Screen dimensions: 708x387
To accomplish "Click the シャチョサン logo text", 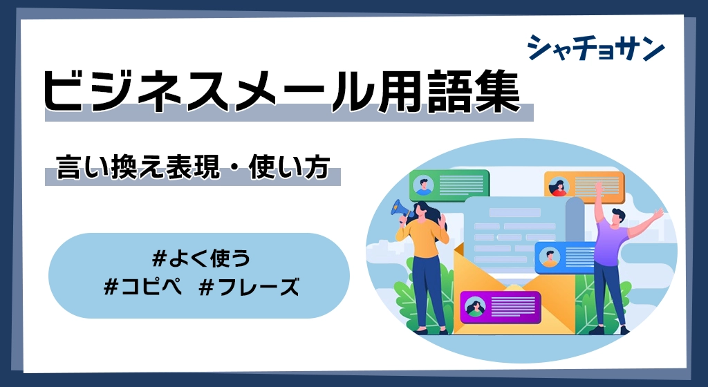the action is click(596, 48).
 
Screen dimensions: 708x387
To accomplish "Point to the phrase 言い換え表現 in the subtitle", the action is click(138, 167).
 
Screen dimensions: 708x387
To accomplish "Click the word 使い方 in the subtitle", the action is click(288, 167).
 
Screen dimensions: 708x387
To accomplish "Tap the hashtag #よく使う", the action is click(201, 258).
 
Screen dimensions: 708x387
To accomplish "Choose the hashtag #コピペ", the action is click(142, 286).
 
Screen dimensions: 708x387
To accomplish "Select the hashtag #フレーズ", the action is click(248, 286).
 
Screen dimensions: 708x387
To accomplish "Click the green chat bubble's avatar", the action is click(423, 185).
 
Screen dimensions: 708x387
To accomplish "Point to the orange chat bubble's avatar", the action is click(559, 187).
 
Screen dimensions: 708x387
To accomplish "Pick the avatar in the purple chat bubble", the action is click(475, 307).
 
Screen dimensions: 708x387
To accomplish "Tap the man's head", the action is click(617, 217).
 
